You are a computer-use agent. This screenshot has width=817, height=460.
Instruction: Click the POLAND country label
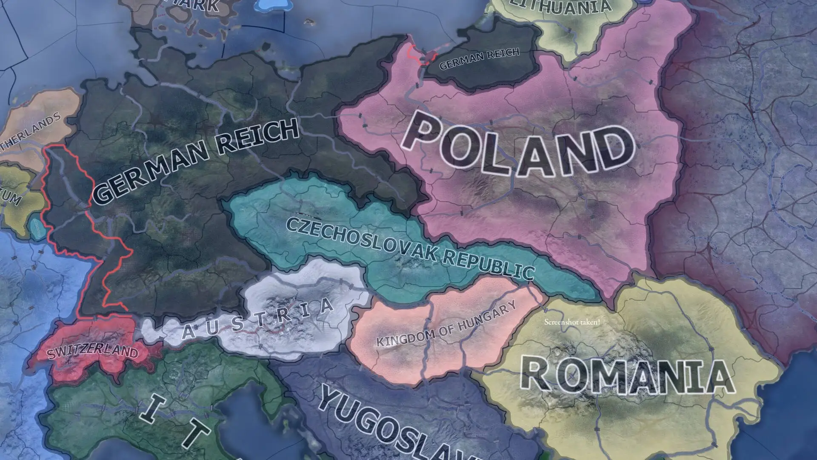click(x=517, y=147)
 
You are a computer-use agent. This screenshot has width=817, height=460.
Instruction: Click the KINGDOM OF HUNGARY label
click(x=447, y=324)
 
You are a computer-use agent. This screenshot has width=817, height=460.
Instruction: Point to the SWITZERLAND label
click(x=93, y=352)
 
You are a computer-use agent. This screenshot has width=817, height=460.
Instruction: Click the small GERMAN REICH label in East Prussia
click(x=480, y=59)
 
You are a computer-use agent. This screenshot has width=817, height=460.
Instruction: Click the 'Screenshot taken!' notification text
click(x=572, y=322)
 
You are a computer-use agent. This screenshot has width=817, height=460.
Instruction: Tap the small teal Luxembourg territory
click(x=37, y=225)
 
